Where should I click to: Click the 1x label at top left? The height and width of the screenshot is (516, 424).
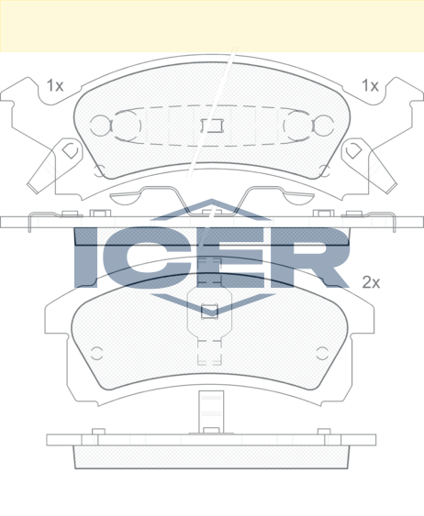pos(55,85)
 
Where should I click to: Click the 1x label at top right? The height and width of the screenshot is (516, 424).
pos(370,85)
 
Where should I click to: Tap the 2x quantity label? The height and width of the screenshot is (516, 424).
pos(371,282)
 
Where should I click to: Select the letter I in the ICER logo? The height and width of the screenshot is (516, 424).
pos(86,258)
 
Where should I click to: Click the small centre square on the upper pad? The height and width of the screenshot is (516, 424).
pos(212,126)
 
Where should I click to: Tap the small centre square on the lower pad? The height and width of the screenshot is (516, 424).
pos(209,312)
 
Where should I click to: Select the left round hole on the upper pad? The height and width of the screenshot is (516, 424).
pos(100,126)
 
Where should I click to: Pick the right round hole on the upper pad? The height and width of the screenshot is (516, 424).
pos(324,126)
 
